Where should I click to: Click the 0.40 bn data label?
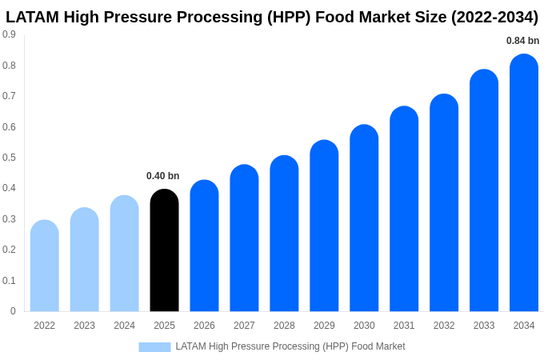162,176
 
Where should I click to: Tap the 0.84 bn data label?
522,41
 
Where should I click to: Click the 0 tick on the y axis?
13,311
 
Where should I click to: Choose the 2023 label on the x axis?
84,326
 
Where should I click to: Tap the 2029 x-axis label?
324,326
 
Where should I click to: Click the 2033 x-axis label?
484,326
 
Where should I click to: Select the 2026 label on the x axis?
204,326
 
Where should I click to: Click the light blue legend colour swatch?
154,346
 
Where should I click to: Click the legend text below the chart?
290,346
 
